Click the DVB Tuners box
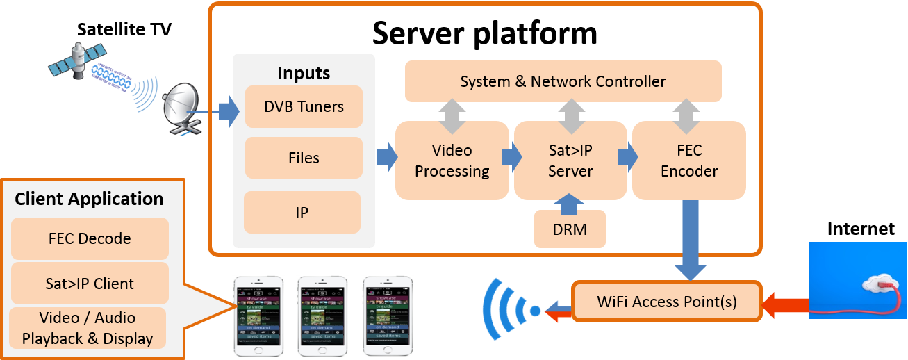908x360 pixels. click(x=304, y=106)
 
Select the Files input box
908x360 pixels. click(x=304, y=158)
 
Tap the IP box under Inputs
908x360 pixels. click(x=302, y=213)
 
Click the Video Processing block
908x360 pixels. click(x=452, y=161)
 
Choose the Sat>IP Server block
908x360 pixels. click(x=570, y=161)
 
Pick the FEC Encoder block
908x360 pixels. click(x=688, y=161)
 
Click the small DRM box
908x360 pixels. click(x=570, y=229)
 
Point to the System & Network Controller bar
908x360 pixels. click(x=563, y=81)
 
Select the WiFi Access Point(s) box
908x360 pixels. click(x=666, y=302)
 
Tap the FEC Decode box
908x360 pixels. click(x=90, y=238)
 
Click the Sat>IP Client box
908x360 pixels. click(x=90, y=284)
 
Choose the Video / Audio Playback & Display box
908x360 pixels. click(x=88, y=328)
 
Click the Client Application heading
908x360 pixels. click(x=89, y=199)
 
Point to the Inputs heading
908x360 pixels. click(x=304, y=73)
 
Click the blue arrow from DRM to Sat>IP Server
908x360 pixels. click(x=570, y=203)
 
